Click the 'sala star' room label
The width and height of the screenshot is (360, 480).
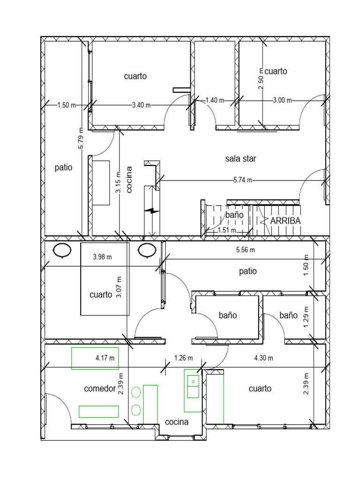[x=240, y=158]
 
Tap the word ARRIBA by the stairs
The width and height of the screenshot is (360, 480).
[x=285, y=221]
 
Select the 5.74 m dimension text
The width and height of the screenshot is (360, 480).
[x=243, y=180]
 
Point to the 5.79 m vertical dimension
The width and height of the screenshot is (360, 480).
[x=81, y=138]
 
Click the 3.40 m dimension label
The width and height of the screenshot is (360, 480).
[x=142, y=105]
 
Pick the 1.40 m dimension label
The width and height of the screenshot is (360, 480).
[x=215, y=100]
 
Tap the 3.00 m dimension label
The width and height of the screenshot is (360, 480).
[x=282, y=100]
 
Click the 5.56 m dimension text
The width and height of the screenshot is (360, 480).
[x=246, y=250]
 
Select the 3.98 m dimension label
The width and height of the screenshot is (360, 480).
[x=102, y=257]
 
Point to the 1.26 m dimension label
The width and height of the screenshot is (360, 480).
[x=184, y=358]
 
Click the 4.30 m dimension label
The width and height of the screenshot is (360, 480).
[x=263, y=358]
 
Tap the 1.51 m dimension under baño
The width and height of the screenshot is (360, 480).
[x=227, y=230]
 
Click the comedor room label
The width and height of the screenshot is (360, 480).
[x=100, y=389]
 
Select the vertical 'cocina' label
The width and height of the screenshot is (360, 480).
[x=129, y=180]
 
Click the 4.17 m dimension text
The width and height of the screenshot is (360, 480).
[x=105, y=358]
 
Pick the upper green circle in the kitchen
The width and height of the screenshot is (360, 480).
[x=136, y=392]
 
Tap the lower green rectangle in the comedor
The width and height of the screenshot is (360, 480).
[x=98, y=412]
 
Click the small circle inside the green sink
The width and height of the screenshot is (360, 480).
[x=193, y=382]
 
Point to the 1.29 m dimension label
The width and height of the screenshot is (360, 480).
[x=306, y=317]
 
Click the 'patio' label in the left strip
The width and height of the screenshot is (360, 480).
[x=63, y=167]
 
